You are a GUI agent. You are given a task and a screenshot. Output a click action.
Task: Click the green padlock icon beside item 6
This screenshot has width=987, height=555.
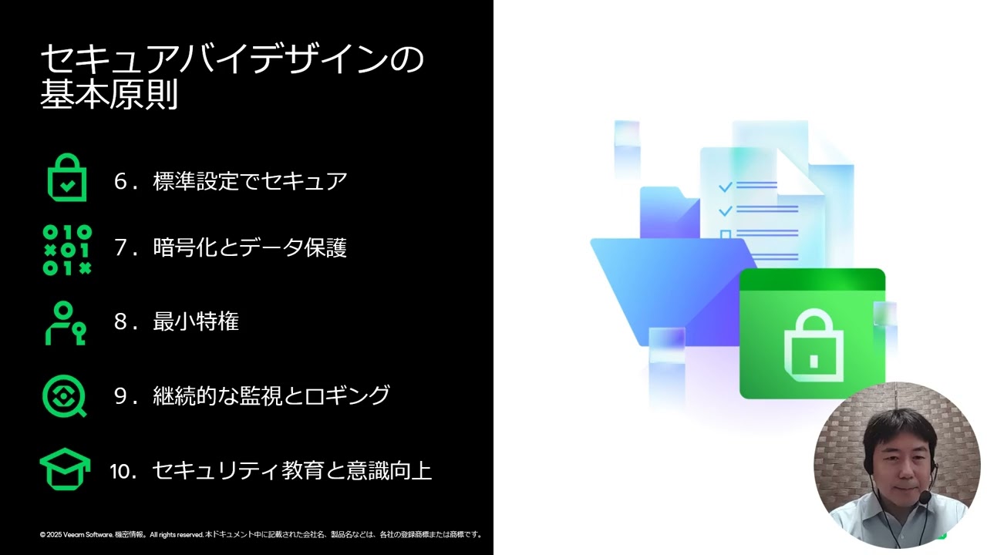pyautogui.click(x=67, y=178)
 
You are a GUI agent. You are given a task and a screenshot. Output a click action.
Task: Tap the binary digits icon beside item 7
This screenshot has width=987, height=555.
pyautogui.click(x=67, y=250)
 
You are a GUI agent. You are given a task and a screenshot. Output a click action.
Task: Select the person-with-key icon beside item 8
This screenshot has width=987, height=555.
pyautogui.click(x=66, y=323)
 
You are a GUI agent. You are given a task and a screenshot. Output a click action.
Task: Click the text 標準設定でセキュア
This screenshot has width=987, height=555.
pyautogui.click(x=250, y=181)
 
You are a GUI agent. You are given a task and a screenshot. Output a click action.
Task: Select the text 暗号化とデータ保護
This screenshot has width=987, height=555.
pyautogui.click(x=250, y=247)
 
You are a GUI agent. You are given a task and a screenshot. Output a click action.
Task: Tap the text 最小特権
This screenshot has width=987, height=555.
pyautogui.click(x=196, y=321)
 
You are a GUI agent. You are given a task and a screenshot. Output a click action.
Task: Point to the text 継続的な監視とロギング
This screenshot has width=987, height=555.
pyautogui.click(x=271, y=395)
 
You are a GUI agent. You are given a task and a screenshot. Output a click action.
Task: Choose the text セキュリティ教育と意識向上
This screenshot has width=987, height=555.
pyautogui.click(x=291, y=470)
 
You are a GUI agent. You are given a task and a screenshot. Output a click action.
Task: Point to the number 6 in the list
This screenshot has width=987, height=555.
pyautogui.click(x=120, y=182)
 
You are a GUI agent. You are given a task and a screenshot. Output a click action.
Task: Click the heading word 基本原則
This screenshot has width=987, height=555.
pyautogui.click(x=109, y=94)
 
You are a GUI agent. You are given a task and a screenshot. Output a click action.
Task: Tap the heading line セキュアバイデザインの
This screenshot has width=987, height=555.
pyautogui.click(x=231, y=59)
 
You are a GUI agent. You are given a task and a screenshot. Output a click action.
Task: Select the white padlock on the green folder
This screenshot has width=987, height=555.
pyautogui.click(x=813, y=346)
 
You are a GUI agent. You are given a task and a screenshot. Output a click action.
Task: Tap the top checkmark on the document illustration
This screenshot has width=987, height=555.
pyautogui.click(x=725, y=187)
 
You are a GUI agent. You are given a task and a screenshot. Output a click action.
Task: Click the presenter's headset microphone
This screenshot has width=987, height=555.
pyautogui.click(x=924, y=498)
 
